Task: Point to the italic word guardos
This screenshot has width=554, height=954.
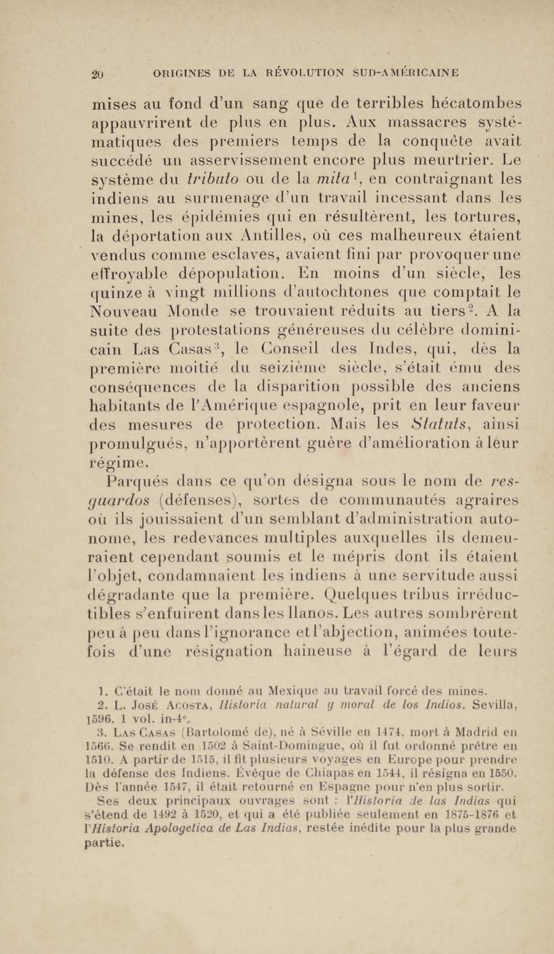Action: pos(116,501)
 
